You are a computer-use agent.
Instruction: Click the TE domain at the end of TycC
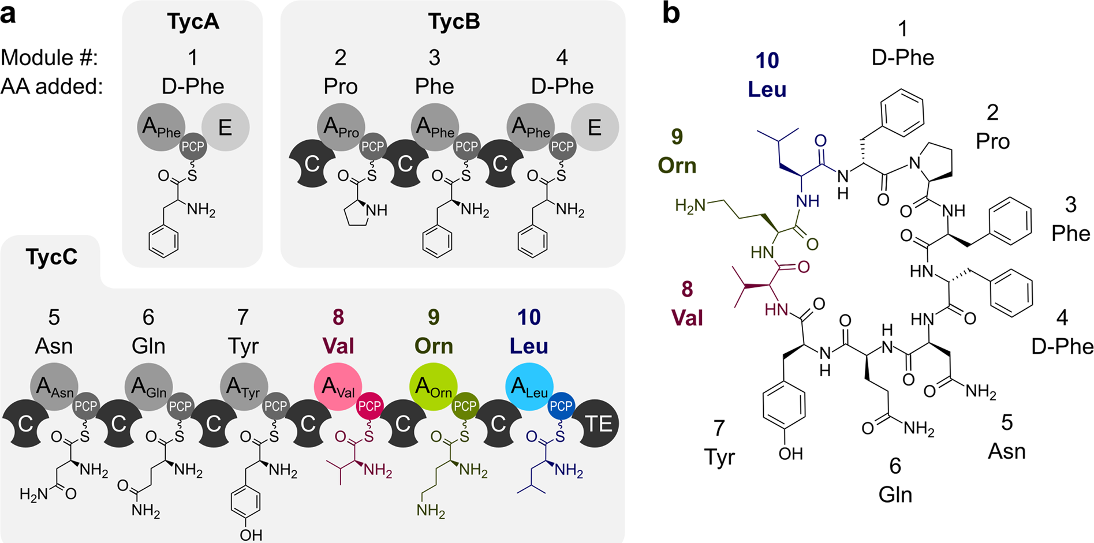(x=599, y=424)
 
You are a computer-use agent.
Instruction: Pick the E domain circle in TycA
(x=225, y=127)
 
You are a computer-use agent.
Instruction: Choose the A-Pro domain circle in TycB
(x=341, y=127)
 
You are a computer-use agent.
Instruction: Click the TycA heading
(x=193, y=22)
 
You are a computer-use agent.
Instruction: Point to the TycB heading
(x=454, y=22)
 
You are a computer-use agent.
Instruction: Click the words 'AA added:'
(x=51, y=87)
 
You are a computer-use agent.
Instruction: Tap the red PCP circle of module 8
(x=369, y=407)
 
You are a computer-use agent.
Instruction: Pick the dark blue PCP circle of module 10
(x=561, y=407)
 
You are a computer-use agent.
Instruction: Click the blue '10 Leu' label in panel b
(x=767, y=75)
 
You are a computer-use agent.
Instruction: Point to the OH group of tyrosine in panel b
(x=790, y=454)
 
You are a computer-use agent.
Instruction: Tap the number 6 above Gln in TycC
(x=148, y=317)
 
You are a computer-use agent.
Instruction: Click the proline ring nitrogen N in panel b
(x=914, y=163)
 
